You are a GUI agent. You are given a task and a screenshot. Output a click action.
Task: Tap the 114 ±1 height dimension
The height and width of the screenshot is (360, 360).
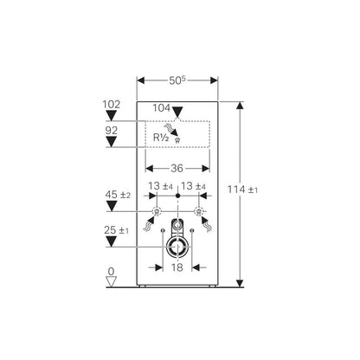point(243,190)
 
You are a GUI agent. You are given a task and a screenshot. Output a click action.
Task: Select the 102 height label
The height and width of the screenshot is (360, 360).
point(112,104)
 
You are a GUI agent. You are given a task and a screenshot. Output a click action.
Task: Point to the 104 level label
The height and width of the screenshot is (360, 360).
point(161,108)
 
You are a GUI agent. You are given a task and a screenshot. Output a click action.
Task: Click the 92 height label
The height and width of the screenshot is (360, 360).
point(112,131)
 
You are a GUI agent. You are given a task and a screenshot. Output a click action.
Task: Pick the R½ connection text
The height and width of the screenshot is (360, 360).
point(161,138)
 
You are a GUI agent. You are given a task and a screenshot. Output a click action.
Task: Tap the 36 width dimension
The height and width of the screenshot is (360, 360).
point(177,168)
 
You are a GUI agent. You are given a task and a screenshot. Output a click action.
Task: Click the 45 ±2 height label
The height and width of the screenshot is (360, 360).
point(118,195)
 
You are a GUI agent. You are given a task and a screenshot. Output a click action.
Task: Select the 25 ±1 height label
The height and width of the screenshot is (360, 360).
point(117,230)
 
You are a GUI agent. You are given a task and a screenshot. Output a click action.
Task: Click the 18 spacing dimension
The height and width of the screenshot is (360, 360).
point(177,267)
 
